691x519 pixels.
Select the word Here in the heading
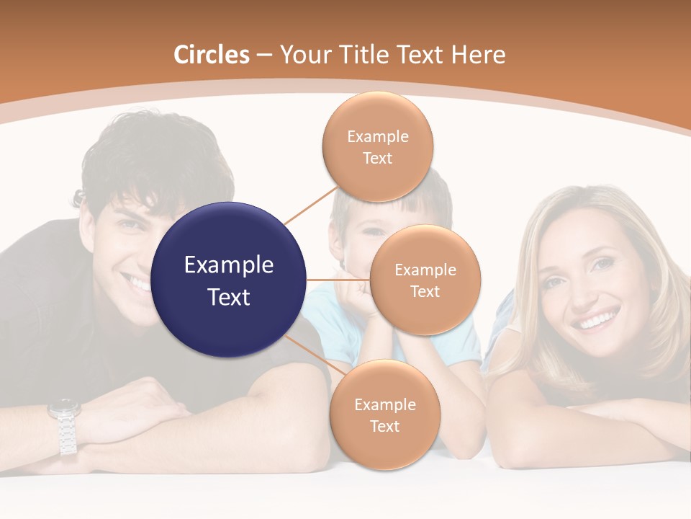[x=478, y=55]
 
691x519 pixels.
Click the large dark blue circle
[x=229, y=280]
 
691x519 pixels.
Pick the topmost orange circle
[x=377, y=146]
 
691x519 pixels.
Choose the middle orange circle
[x=425, y=280]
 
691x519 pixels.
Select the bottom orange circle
[x=384, y=414]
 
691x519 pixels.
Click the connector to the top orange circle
[x=310, y=205]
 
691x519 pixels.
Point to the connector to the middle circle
[x=338, y=280]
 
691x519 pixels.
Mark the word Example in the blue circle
[x=229, y=265]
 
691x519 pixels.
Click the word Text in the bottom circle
[x=384, y=426]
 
